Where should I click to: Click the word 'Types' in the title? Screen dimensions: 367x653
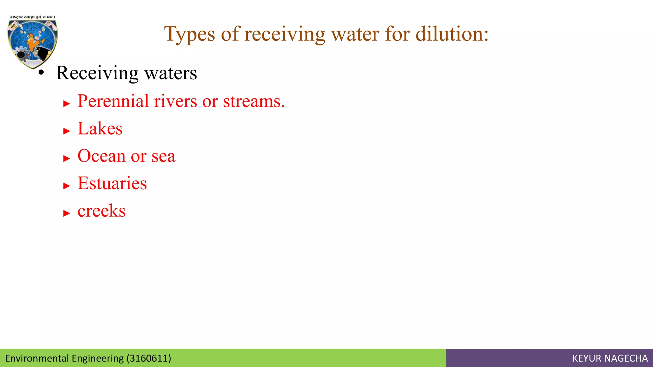pyautogui.click(x=189, y=34)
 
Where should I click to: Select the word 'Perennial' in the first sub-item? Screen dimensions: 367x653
pyautogui.click(x=113, y=101)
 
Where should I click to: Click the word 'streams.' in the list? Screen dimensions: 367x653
pyautogui.click(x=254, y=101)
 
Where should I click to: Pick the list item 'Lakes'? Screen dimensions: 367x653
pyautogui.click(x=100, y=129)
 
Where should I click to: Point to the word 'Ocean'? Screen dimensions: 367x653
pyautogui.click(x=101, y=156)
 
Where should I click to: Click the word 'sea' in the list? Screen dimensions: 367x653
pyautogui.click(x=163, y=156)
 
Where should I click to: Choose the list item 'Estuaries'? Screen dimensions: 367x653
pyautogui.click(x=112, y=183)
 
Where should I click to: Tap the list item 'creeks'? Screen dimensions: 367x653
pyautogui.click(x=101, y=211)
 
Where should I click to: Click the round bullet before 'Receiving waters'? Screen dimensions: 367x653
pyautogui.click(x=41, y=73)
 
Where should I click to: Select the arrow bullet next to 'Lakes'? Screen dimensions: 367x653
pyautogui.click(x=66, y=131)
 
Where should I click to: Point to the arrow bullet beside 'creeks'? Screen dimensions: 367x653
pyautogui.click(x=66, y=213)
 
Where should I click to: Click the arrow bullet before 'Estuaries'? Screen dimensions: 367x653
pyautogui.click(x=66, y=186)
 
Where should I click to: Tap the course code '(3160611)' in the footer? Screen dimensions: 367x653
pyautogui.click(x=149, y=358)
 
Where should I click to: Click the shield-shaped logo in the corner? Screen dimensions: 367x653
pyautogui.click(x=33, y=43)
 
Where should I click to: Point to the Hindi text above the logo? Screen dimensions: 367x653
pyautogui.click(x=33, y=17)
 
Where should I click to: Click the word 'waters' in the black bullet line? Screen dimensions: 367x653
pyautogui.click(x=171, y=73)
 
